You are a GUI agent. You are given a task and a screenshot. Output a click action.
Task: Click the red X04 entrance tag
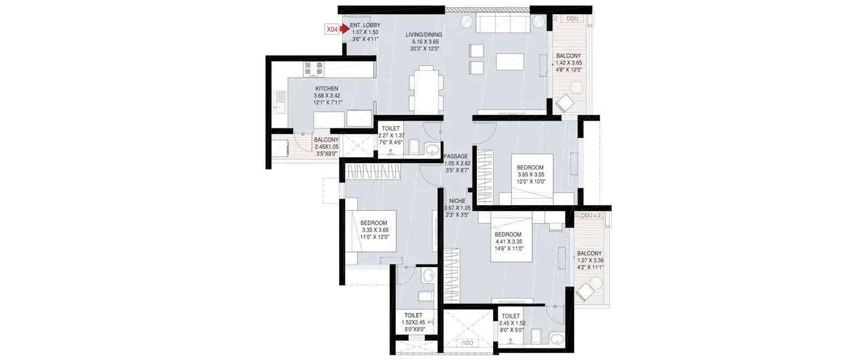(332, 28)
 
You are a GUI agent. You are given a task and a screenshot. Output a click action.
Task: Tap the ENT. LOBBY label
(365, 25)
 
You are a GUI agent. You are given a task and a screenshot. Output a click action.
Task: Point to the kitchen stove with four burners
(313, 69)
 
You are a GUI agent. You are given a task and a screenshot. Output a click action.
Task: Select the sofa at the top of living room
(503, 24)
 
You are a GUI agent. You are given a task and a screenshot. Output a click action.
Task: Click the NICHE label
(457, 200)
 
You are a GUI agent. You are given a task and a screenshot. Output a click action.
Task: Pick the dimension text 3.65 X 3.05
(530, 175)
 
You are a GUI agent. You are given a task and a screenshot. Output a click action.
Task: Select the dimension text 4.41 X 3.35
(507, 242)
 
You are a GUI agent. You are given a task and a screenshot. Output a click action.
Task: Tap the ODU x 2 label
(590, 215)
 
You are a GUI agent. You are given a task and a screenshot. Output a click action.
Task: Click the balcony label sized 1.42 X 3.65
(569, 63)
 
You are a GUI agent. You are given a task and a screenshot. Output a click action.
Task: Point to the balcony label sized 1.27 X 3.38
(589, 260)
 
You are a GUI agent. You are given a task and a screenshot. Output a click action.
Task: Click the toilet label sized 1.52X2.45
(413, 322)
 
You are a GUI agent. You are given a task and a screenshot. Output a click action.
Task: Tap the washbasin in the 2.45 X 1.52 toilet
(556, 338)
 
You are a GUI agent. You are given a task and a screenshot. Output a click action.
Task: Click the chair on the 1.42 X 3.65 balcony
(564, 104)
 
